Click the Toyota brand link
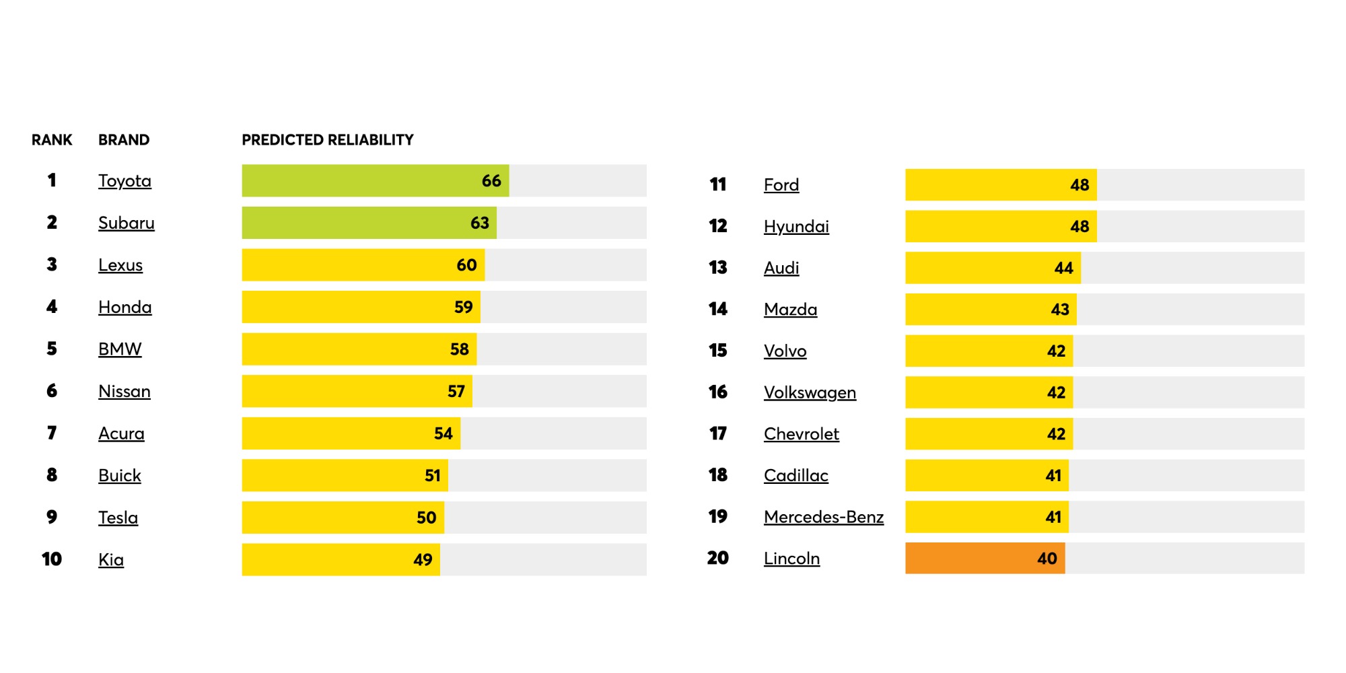tap(125, 181)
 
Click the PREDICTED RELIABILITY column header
tap(328, 140)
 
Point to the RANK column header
tap(52, 140)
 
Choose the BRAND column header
tap(124, 140)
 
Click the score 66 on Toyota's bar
tap(491, 181)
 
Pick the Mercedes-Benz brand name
tap(824, 517)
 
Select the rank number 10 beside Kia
tap(52, 559)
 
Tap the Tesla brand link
tap(118, 518)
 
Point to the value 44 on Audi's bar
tap(1063, 268)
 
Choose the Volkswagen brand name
tap(810, 392)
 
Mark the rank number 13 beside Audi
tap(718, 268)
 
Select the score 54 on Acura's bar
tap(443, 433)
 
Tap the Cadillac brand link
tap(795, 475)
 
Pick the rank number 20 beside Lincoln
tap(718, 558)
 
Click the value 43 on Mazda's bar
tap(1060, 310)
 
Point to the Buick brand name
tap(119, 475)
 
